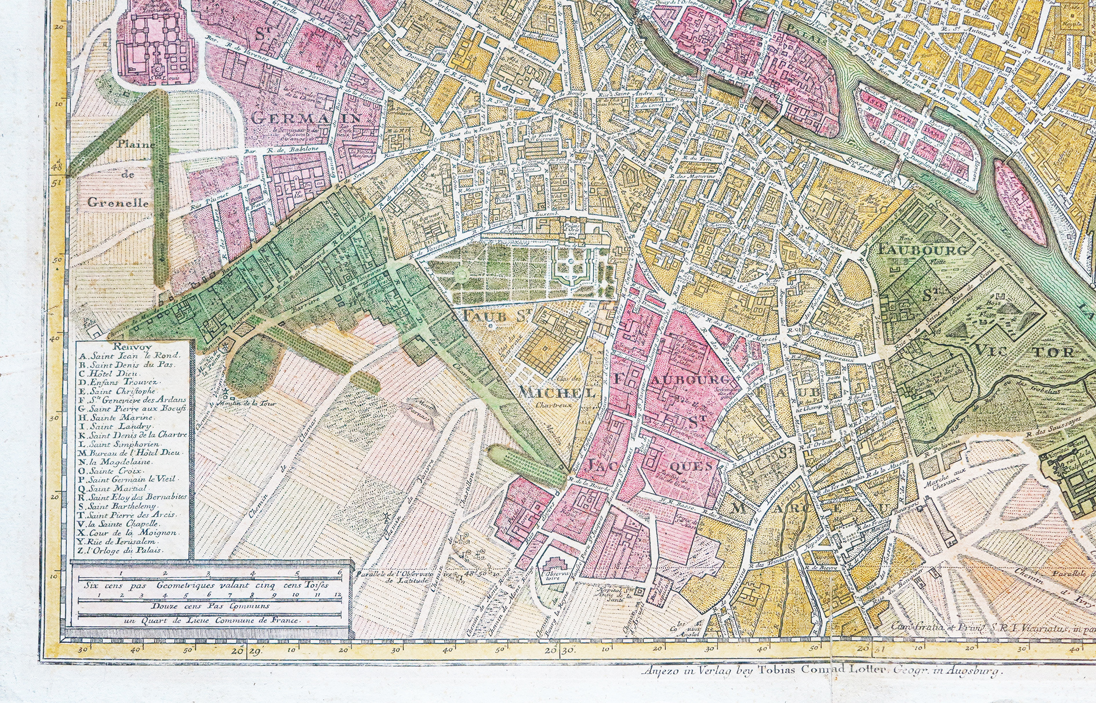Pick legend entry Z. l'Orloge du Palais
pyautogui.click(x=124, y=550)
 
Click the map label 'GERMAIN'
pyautogui.click(x=307, y=118)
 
